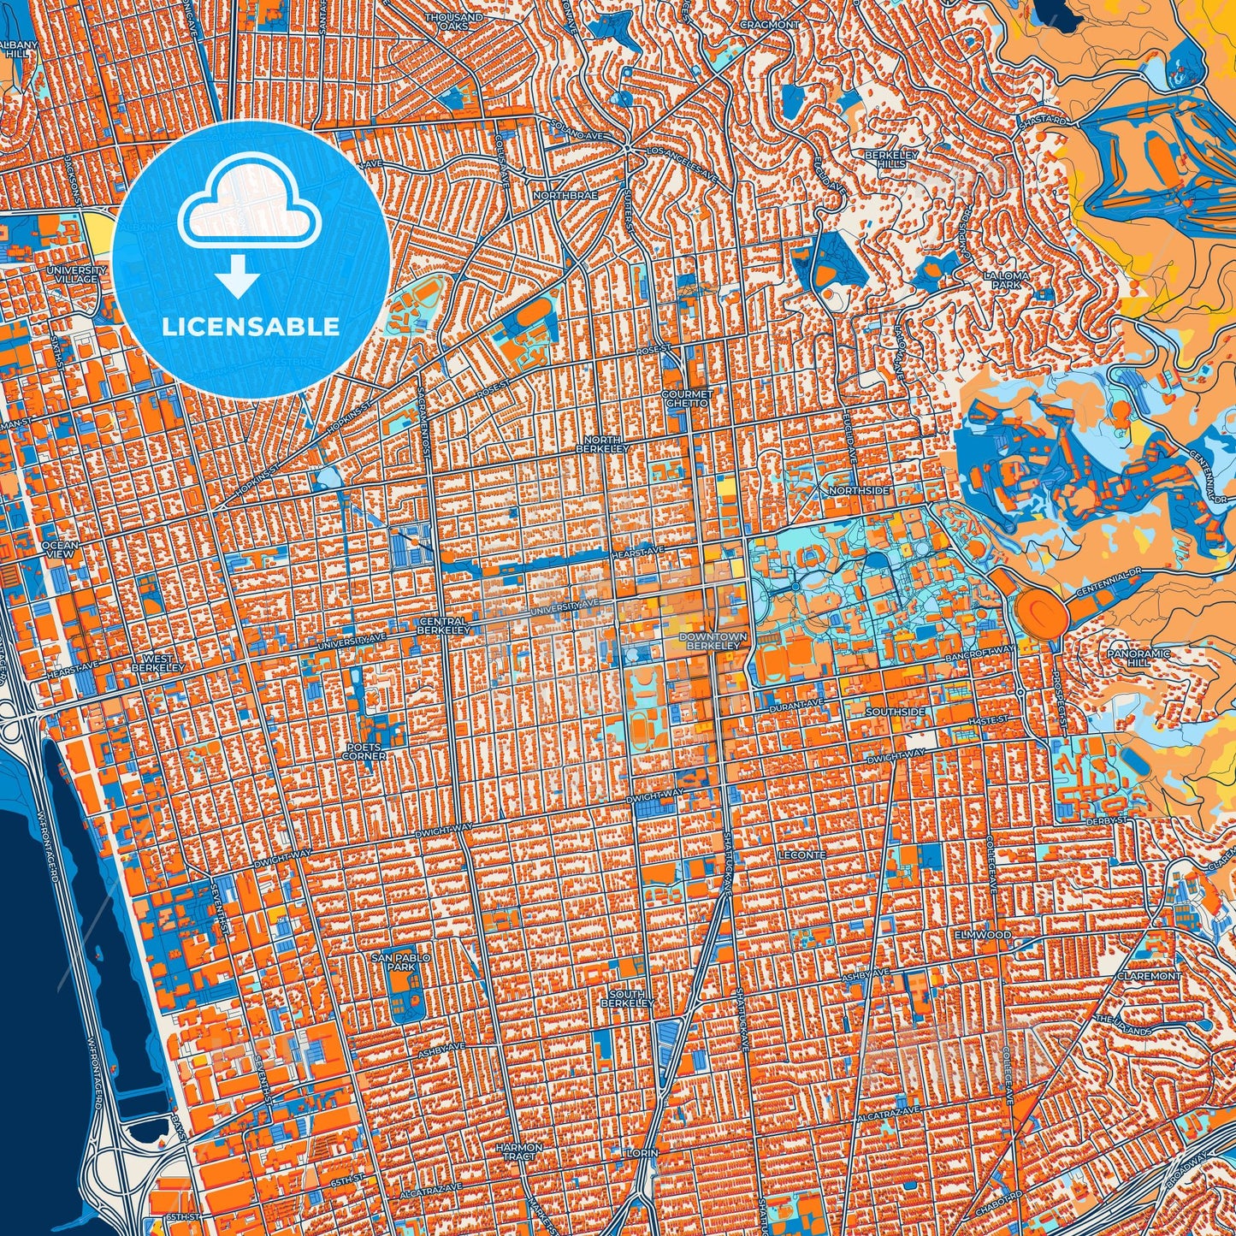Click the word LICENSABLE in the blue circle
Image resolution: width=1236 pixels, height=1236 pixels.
coord(251,327)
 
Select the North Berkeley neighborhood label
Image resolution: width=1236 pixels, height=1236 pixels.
coord(602,444)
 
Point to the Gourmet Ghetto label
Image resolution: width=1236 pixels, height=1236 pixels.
coord(686,399)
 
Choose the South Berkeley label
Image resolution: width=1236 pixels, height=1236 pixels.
coord(628,998)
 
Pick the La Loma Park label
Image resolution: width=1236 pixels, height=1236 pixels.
coord(1002,280)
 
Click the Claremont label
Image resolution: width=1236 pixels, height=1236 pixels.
coord(1149,975)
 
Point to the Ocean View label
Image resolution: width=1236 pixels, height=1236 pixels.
coord(59,549)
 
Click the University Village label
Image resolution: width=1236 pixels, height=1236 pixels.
coord(77,275)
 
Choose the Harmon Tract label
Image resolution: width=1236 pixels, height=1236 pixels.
coord(519,1151)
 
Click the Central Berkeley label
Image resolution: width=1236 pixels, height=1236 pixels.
coord(443,625)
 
